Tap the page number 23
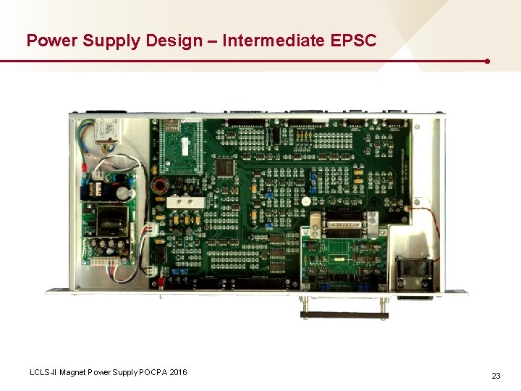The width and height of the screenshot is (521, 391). tap(496, 376)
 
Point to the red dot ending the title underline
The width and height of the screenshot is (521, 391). tap(488, 62)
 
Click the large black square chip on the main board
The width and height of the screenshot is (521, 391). tap(226, 167)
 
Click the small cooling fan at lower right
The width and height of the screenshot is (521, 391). tap(415, 273)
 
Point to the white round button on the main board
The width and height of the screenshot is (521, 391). tap(306, 201)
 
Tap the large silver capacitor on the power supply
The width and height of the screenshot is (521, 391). tap(127, 193)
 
